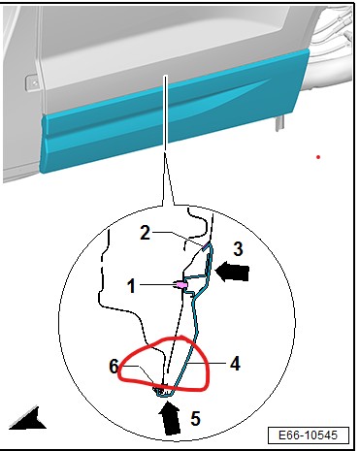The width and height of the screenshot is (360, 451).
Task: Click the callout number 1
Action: (131, 286)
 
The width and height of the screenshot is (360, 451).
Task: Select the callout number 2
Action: (145, 233)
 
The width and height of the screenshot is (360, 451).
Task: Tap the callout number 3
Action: (239, 249)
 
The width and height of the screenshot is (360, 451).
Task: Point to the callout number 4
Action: (235, 364)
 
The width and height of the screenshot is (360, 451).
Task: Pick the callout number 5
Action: (195, 418)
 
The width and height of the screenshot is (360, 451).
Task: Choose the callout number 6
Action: (114, 367)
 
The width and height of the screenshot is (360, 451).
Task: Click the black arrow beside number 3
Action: (232, 272)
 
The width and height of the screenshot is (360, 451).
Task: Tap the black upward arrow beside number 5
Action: (170, 418)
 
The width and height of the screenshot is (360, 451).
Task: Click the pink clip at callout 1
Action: (181, 285)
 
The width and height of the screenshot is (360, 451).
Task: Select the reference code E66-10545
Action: (308, 435)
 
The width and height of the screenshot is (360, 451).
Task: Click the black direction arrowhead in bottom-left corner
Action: (28, 420)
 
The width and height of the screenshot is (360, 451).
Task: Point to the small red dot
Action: (318, 157)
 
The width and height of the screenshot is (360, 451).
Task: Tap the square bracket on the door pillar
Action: (32, 82)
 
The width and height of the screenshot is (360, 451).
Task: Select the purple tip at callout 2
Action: (205, 247)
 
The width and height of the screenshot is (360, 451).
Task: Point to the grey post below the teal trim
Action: (279, 123)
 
